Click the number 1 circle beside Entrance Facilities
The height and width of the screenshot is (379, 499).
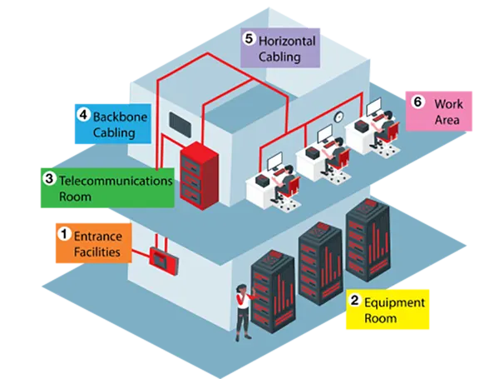point(63,235)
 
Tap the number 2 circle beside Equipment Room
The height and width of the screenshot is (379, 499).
point(355,302)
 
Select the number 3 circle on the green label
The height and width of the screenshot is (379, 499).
point(49,179)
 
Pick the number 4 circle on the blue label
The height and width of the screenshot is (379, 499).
point(83,117)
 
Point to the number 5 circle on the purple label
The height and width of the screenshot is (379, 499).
point(249,38)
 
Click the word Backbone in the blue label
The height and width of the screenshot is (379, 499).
point(120,117)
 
